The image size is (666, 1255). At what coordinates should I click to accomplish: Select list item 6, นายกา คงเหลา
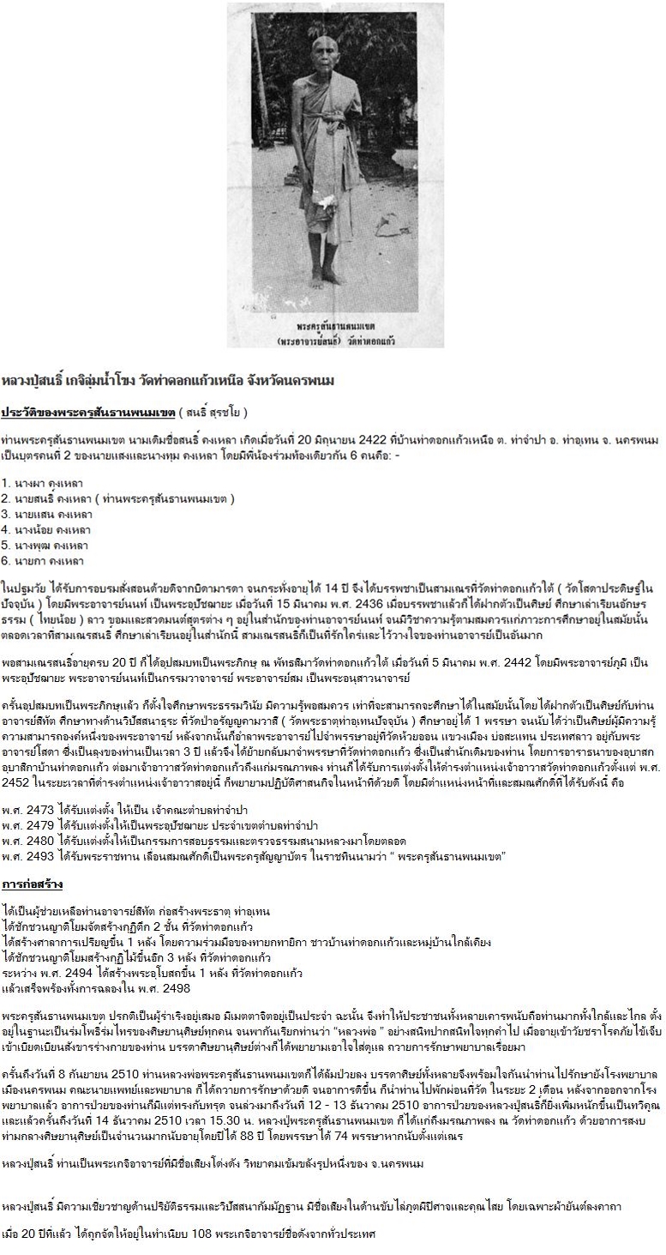(43, 561)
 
